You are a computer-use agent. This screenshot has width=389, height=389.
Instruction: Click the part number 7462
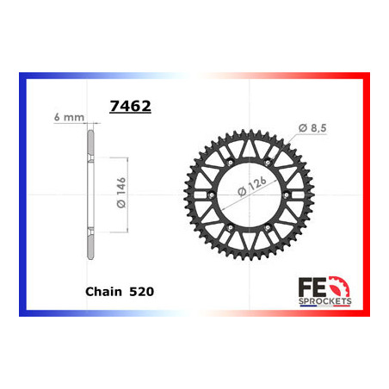(x=130, y=108)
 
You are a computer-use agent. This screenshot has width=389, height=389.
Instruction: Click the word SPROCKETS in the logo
(x=327, y=301)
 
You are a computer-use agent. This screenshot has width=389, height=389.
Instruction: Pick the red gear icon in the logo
(x=342, y=285)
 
